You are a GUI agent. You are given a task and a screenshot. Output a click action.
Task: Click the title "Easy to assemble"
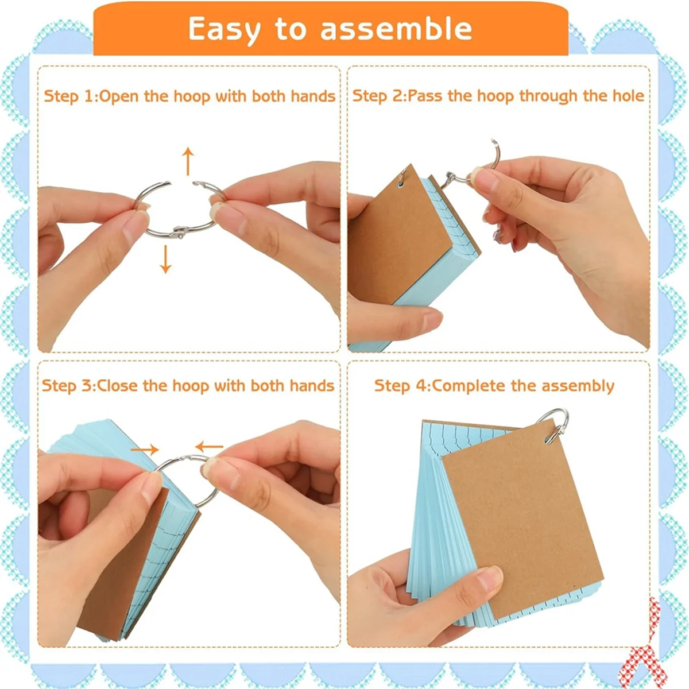tap(330, 29)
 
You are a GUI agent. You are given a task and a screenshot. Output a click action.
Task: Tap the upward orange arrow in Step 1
tap(188, 161)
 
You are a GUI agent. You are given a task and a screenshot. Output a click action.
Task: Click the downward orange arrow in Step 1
tap(166, 259)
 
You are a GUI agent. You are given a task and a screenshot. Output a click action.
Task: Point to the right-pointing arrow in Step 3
tap(145, 449)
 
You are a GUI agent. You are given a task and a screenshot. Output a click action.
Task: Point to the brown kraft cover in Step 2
tap(396, 241)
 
